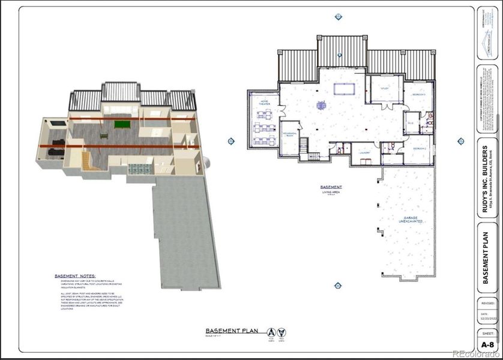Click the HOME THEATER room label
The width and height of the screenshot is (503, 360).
click(x=265, y=103)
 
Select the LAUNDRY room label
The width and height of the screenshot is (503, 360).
click(x=365, y=153)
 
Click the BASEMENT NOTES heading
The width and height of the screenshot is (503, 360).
click(x=75, y=275)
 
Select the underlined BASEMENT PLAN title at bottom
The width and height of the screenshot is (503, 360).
click(x=231, y=331)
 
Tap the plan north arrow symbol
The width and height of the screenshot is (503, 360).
click(x=272, y=332)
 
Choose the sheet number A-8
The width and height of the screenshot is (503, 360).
click(x=488, y=344)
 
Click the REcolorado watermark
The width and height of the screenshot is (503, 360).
click(x=475, y=353)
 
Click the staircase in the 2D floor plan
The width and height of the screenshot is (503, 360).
click(x=304, y=146)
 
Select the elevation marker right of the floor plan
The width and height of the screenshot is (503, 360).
click(x=461, y=141)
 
